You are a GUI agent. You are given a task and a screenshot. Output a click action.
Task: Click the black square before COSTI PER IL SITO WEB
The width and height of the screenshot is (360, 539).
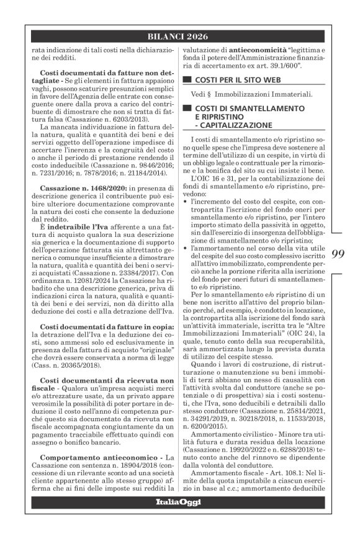coord(185,81)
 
